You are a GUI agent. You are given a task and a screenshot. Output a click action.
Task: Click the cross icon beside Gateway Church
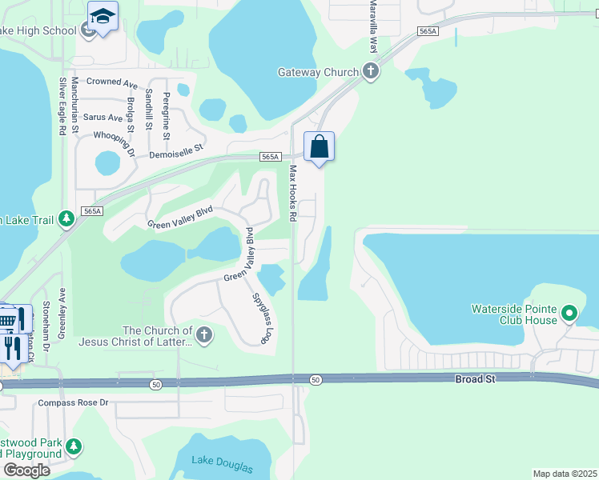pos(370,72)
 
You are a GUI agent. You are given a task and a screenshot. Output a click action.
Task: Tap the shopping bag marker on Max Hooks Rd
pos(319,147)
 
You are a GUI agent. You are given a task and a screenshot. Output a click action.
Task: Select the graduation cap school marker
pos(103,16)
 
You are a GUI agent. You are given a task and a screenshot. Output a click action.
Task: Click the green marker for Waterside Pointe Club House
pos(569,312)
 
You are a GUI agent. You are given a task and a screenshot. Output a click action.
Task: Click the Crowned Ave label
pos(112,82)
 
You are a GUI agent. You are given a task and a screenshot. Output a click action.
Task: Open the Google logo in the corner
pos(26,470)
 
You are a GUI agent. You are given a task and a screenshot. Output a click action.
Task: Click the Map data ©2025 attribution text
pos(564,474)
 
